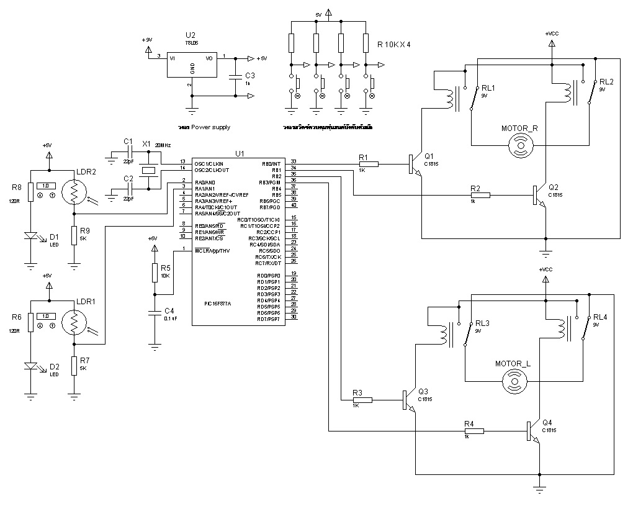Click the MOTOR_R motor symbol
520,147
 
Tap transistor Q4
532,430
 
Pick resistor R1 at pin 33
368,164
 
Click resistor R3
362,400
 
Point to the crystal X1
148,169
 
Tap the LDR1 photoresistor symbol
74,323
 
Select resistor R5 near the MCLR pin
155,273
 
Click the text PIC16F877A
217,304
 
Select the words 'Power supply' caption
210,127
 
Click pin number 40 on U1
294,207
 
